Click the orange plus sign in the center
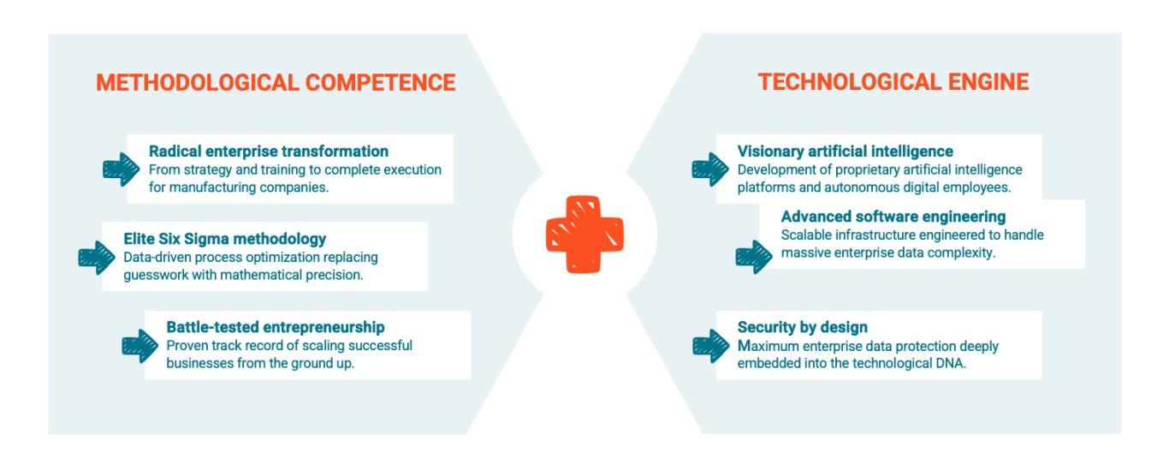point(584,235)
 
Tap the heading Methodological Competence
point(276,83)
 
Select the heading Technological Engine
point(893,82)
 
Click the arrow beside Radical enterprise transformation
point(121,170)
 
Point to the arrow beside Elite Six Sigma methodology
point(97,258)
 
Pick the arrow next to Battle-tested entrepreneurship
point(139,346)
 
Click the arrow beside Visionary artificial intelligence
point(710,170)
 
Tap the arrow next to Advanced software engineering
point(754,257)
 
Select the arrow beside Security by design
point(711,346)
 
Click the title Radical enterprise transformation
point(268,152)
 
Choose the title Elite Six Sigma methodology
point(224,239)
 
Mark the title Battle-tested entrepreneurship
point(275,327)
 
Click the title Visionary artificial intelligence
point(845,152)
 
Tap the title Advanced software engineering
point(893,217)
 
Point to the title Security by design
point(802,327)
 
